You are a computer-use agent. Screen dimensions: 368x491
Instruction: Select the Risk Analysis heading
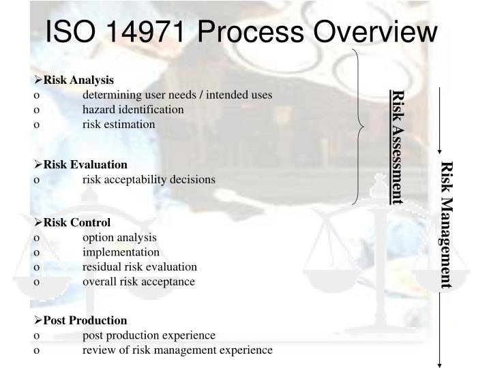pyautogui.click(x=78, y=80)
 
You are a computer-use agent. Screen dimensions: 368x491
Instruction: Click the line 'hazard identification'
pyautogui.click(x=133, y=110)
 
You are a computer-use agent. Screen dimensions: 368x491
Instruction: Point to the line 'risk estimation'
pyautogui.click(x=119, y=124)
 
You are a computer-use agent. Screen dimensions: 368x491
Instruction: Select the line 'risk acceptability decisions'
pyautogui.click(x=149, y=180)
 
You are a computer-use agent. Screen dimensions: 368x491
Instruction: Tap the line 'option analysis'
pyautogui.click(x=119, y=238)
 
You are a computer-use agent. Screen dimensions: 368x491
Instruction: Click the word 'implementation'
pyautogui.click(x=121, y=252)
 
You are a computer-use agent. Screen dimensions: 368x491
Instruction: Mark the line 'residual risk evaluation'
pyautogui.click(x=140, y=266)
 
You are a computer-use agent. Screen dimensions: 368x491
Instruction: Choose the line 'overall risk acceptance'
pyautogui.click(x=138, y=281)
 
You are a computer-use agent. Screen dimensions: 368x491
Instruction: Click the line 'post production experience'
pyautogui.click(x=149, y=335)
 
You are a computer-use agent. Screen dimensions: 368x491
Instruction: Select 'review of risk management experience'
pyautogui.click(x=177, y=350)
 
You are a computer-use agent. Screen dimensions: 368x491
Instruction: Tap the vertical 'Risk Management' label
pyautogui.click(x=446, y=225)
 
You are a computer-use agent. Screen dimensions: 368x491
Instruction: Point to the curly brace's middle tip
pyautogui.click(x=364, y=125)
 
